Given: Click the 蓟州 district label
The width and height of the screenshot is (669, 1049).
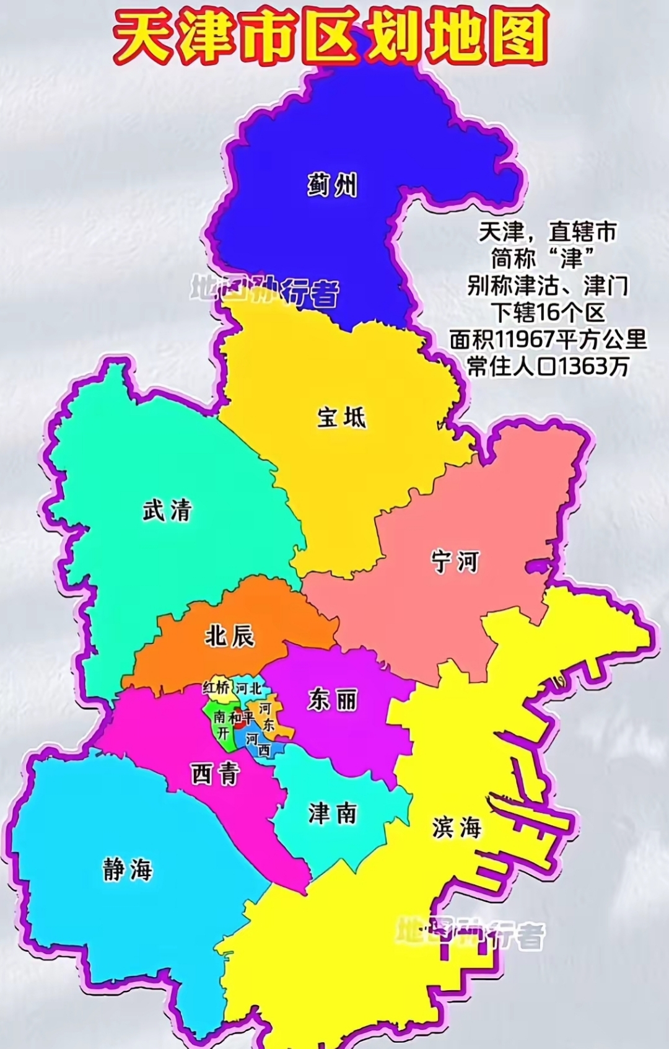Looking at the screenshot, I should [x=333, y=185].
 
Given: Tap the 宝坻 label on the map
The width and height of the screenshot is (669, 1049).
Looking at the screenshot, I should [x=342, y=417].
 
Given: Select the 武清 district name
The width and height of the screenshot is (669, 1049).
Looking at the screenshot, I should [x=167, y=511].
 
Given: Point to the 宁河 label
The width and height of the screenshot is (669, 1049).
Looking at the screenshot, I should [x=455, y=561].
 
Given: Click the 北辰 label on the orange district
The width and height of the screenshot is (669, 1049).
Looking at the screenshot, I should [x=230, y=636].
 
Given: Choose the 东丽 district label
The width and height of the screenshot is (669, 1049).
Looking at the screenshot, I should [x=333, y=700].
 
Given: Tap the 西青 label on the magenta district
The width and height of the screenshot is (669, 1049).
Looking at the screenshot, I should [x=215, y=773].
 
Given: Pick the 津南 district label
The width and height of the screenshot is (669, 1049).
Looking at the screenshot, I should [x=333, y=813].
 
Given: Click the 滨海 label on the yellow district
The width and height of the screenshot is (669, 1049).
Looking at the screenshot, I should [x=457, y=827].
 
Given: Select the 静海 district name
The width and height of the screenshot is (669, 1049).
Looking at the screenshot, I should [x=128, y=870].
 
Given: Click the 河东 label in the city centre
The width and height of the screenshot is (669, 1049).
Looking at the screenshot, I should [x=266, y=716].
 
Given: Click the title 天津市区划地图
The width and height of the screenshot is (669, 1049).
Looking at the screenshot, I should [x=332, y=35].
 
